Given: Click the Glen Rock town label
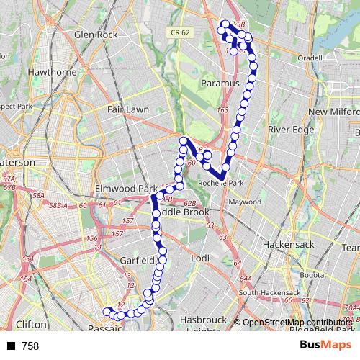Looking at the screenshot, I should tap(95, 34).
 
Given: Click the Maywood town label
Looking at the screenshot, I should tap(244, 202).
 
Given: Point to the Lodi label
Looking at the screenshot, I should tap(200, 258).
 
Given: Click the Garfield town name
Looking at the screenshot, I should tap(138, 259).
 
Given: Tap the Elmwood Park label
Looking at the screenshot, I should tap(126, 189).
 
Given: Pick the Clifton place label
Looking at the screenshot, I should tap(30, 324).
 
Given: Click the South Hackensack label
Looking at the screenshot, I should tap(269, 293).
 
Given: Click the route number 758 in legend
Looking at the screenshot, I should tap(30, 346).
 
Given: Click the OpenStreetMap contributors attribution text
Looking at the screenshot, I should tap(297, 322).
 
